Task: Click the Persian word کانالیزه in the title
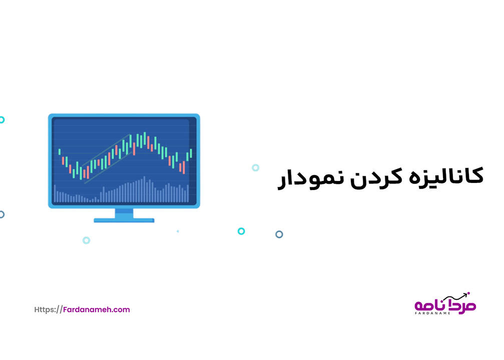446,176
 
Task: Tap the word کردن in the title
376,177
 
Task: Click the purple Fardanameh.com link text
97,309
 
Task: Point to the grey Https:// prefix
48,309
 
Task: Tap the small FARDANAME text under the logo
432,313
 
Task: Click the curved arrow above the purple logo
455,296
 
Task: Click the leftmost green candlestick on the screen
60,152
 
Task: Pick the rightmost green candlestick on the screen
191,153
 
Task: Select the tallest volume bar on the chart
144,189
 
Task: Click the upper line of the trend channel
106,150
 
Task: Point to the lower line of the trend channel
109,167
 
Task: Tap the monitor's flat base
124,220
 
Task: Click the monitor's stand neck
124,213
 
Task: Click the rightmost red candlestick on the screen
184,167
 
